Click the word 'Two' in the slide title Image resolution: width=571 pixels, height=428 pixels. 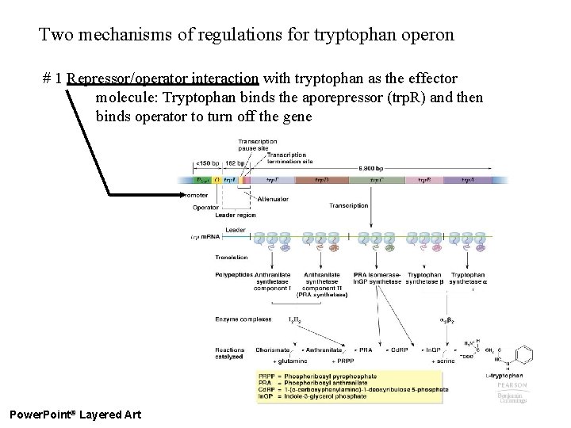[x=55, y=35]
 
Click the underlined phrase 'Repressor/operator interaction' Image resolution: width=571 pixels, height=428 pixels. [x=163, y=79]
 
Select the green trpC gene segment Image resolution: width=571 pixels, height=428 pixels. [x=377, y=181]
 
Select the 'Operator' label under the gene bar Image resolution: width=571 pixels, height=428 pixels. [x=206, y=208]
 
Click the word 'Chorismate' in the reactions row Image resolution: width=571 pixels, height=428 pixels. [x=272, y=350]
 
